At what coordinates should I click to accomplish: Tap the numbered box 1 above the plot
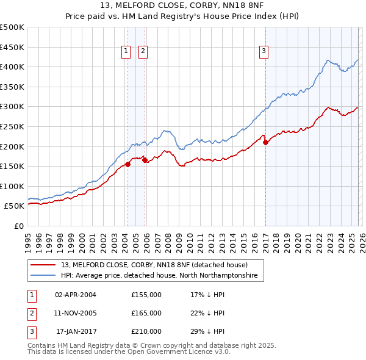(126, 52)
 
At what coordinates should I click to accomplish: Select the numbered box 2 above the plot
(143, 52)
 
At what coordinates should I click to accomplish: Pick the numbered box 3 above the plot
(264, 52)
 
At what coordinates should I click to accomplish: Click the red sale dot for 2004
(128, 164)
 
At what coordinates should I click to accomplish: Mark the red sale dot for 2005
(145, 160)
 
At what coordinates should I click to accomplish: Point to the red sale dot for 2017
(265, 142)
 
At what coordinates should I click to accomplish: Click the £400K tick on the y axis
(12, 67)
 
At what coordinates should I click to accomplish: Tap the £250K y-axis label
(12, 126)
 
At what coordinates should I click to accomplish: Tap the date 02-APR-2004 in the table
(76, 295)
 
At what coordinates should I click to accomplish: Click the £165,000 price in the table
(146, 313)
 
